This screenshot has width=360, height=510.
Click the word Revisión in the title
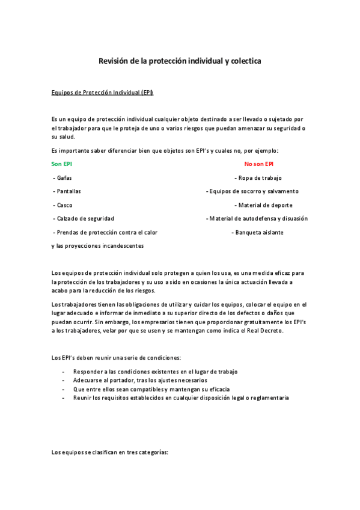coord(114,61)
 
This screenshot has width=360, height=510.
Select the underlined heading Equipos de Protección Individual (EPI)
coord(103,92)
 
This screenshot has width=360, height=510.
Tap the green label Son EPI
coord(62,164)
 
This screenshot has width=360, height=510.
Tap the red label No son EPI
coord(259,164)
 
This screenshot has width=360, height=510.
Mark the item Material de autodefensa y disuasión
coord(257,218)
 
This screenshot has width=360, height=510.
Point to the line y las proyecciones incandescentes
coord(97,245)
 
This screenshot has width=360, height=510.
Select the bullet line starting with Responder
coord(155,371)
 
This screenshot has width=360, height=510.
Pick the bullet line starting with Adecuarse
coord(139,380)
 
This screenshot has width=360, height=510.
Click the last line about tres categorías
coord(110,451)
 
